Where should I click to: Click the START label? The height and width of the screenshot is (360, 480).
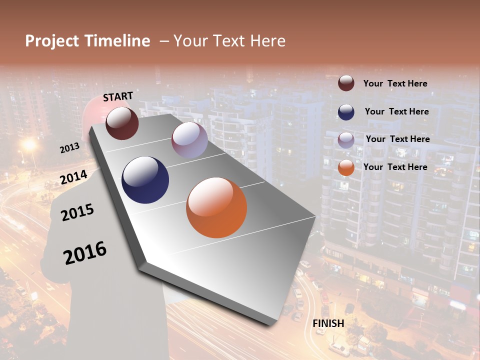tap(118, 96)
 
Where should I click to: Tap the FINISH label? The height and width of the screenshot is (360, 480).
tap(328, 323)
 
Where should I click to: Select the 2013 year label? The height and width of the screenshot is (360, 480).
tap(69, 148)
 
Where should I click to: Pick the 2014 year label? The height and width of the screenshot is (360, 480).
tap(74, 177)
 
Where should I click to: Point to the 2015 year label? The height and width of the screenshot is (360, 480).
tap(77, 212)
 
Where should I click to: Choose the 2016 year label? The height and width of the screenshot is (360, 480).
tap(85, 253)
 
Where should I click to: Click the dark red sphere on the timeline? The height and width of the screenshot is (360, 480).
tap(122, 123)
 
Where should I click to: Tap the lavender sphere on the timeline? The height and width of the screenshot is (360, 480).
tap(189, 140)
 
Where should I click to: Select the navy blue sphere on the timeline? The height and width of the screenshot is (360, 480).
tap(145, 180)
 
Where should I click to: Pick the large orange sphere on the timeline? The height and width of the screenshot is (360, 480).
tap(216, 207)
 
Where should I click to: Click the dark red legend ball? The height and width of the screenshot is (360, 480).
tap(346, 83)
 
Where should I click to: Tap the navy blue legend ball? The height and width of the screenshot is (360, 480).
tap(346, 112)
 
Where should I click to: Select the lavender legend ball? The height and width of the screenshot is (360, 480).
tap(346, 140)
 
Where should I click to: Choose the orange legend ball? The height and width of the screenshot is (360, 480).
tap(346, 167)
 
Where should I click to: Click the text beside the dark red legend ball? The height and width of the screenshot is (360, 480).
tap(395, 83)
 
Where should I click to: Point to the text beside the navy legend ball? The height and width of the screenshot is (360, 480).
tap(396, 111)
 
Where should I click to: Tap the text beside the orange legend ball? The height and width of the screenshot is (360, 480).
tap(395, 167)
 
